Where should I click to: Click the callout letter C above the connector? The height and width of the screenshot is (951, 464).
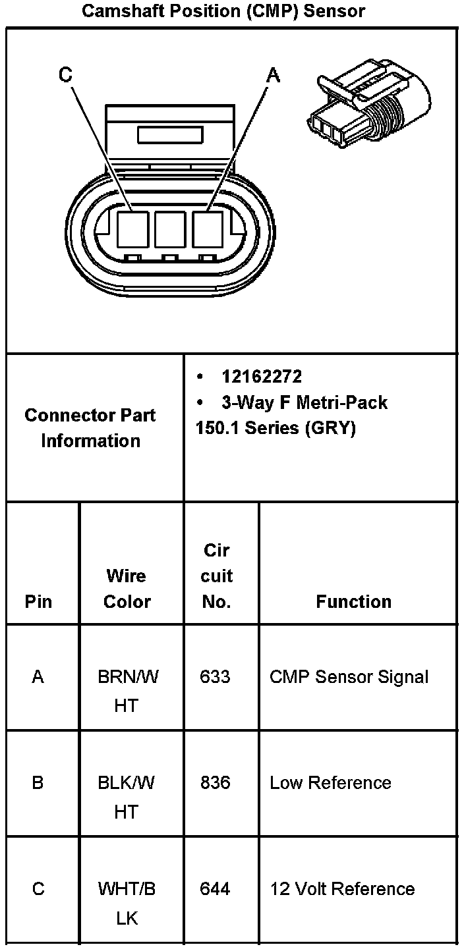tap(65, 75)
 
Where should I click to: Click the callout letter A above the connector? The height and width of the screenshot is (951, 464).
tap(273, 76)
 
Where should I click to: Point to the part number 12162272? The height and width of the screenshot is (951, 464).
tap(262, 376)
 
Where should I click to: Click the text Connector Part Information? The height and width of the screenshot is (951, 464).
tap(90, 428)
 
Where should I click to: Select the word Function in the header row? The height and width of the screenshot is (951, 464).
tap(353, 601)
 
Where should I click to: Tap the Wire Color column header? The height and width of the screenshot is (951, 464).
tap(127, 588)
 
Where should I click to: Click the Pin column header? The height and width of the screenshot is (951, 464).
tap(38, 601)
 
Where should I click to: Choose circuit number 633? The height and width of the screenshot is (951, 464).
tap(216, 676)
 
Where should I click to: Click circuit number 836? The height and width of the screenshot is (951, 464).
tap(216, 782)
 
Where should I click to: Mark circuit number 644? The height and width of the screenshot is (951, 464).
tap(216, 889)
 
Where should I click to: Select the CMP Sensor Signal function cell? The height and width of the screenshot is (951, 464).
tap(349, 676)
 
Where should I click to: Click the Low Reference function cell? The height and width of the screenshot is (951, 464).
tap(330, 782)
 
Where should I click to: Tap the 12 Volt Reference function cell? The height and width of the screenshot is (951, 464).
tap(342, 889)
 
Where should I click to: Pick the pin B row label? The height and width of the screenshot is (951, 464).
tap(38, 782)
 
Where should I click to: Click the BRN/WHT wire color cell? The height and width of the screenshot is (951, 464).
tap(127, 690)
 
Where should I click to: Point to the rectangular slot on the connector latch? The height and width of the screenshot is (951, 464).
tap(169, 136)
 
